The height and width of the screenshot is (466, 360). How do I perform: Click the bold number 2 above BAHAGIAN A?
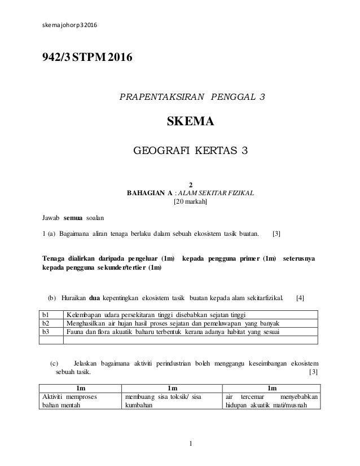coord(191,184)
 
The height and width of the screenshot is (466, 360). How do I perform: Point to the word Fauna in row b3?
coord(76,332)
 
